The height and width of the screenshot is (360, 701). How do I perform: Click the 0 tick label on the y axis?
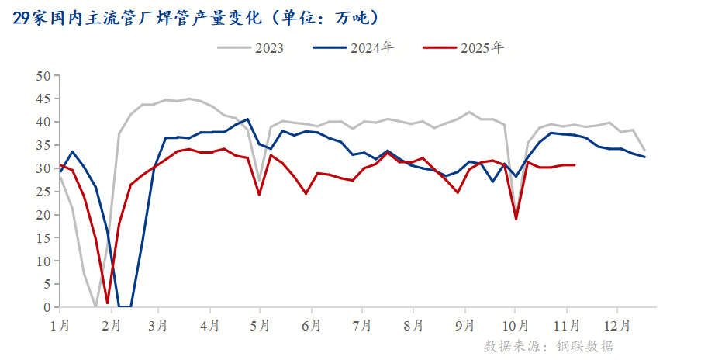tap(47, 307)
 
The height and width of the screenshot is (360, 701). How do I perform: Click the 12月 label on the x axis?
tap(616, 322)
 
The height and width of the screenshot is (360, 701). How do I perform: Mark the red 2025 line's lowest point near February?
tap(108, 303)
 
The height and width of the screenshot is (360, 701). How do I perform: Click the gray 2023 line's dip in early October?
tap(516, 214)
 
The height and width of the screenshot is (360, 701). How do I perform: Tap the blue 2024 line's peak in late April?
tap(247, 119)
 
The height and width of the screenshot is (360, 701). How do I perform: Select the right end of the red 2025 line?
tap(574, 164)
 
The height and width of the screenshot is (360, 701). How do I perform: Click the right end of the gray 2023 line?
tap(644, 151)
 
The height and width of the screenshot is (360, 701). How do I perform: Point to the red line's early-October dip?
tap(516, 219)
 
